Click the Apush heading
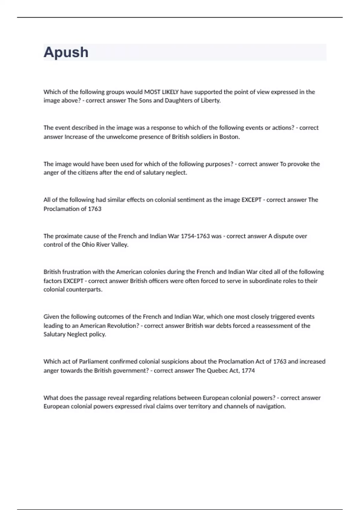point(66,52)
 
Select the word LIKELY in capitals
point(170,92)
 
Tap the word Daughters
point(181,100)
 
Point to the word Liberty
point(211,100)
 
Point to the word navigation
point(271,406)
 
